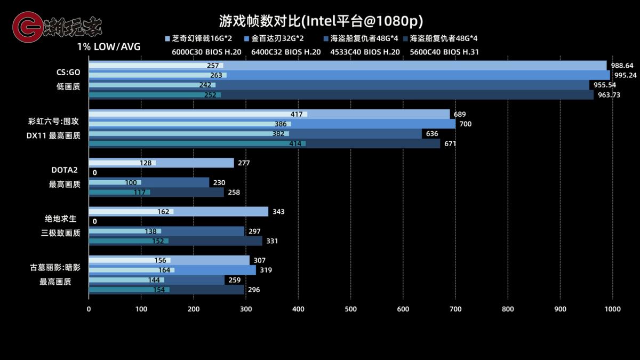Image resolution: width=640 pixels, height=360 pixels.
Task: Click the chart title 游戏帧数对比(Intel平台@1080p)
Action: pyautogui.click(x=321, y=21)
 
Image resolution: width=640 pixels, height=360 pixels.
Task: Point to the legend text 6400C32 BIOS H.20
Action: pyautogui.click(x=286, y=52)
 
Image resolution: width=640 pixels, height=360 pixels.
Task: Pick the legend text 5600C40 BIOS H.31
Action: pyautogui.click(x=444, y=52)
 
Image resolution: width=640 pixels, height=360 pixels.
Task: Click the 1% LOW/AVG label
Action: pyautogui.click(x=109, y=47)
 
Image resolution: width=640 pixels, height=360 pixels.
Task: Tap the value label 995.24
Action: pyautogui.click(x=625, y=75)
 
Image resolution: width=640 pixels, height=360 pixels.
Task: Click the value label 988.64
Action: pyautogui.click(x=622, y=66)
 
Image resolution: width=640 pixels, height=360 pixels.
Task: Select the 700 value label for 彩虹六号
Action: pyautogui.click(x=465, y=124)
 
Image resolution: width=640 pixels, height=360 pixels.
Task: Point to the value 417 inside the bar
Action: pyautogui.click(x=297, y=115)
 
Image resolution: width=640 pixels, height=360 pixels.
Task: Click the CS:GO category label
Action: pyautogui.click(x=68, y=72)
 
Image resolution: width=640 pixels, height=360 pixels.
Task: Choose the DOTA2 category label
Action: pyautogui.click(x=65, y=170)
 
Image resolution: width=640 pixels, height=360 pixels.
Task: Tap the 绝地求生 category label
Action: pyautogui.click(x=61, y=219)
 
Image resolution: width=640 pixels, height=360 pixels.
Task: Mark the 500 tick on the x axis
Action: pyautogui.click(x=350, y=309)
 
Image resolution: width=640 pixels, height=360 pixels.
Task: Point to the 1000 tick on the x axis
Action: pyautogui.click(x=612, y=309)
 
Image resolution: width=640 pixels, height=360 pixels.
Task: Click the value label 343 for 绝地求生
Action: pyautogui.click(x=278, y=212)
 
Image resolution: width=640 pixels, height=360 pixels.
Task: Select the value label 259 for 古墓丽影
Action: pyautogui.click(x=234, y=280)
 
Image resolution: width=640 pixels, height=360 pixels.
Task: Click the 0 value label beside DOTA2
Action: pyautogui.click(x=94, y=173)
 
